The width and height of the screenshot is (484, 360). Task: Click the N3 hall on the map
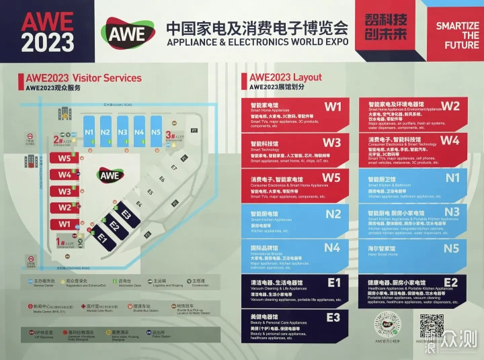point(122,132)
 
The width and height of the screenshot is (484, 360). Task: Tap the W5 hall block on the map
point(65,159)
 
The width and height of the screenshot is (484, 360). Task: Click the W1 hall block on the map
point(65,224)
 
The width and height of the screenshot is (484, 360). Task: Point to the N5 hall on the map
point(156,132)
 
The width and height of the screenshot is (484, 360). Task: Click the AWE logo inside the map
point(109,175)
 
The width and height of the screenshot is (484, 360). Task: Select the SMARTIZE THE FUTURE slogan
point(457,36)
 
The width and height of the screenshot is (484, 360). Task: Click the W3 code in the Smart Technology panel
point(332,143)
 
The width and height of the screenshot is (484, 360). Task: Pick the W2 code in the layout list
point(450,106)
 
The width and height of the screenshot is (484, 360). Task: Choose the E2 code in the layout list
point(450,282)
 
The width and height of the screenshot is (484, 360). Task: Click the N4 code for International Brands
point(332,248)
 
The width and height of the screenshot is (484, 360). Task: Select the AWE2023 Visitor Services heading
point(79,78)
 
